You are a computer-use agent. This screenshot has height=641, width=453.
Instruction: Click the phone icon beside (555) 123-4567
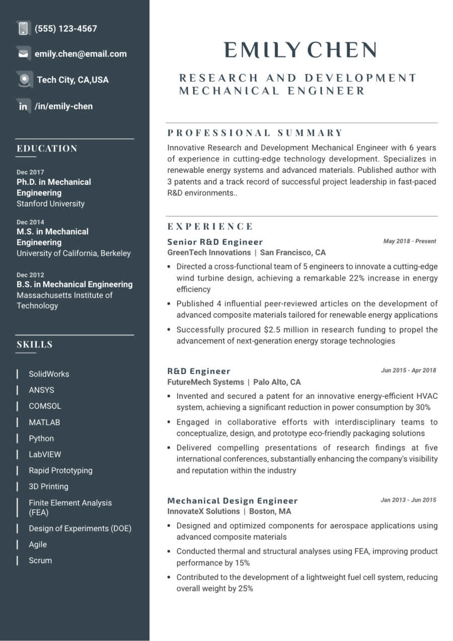23,28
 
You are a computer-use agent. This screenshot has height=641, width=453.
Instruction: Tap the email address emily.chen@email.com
81,54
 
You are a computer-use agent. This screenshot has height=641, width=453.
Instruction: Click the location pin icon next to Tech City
24,80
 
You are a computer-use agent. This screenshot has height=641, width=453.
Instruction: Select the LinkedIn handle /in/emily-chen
63,106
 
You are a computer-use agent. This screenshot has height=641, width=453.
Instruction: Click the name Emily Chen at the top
300,50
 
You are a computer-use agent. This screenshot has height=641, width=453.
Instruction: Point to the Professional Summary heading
255,133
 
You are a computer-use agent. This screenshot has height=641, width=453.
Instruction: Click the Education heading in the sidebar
47,149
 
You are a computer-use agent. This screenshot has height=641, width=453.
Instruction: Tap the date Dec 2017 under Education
30,172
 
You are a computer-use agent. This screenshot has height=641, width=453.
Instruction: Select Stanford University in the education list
50,204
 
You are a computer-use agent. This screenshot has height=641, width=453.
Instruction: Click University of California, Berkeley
73,253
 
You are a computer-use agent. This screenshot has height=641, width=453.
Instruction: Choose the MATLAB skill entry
44,422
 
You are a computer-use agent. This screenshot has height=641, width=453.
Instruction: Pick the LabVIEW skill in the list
45,455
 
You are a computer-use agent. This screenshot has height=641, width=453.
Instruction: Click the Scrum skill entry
40,560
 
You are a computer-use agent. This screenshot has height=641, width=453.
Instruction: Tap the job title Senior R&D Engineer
215,242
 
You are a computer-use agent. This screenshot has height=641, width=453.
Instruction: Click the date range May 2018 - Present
409,241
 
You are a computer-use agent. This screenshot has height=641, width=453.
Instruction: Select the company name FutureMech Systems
205,382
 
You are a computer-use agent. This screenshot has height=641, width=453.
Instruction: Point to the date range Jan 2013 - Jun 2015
408,500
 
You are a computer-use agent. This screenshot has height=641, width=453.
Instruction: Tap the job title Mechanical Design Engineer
233,501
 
